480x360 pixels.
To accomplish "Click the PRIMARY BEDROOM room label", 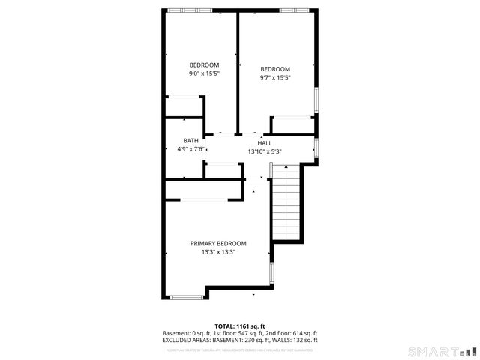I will pos(218,243).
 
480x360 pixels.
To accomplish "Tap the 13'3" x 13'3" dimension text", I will pos(218,252).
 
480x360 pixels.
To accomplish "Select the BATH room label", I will pos(191,140).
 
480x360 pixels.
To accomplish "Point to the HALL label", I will pos(265,142).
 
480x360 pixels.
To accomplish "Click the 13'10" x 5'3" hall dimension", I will pos(265,151).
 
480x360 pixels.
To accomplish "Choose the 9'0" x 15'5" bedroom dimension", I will pos(204,73).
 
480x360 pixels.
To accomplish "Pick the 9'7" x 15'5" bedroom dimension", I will pos(275,77).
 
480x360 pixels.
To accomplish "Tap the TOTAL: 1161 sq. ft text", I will pos(240,326).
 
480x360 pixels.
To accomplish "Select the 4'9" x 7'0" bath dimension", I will pos(190,149).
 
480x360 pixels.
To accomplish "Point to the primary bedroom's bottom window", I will pos(187,298).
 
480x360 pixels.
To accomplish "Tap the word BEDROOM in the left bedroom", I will pos(204,64).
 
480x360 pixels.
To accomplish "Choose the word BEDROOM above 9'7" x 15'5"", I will pos(275,68).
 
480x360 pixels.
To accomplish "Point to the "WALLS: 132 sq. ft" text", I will pos(295,340).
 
